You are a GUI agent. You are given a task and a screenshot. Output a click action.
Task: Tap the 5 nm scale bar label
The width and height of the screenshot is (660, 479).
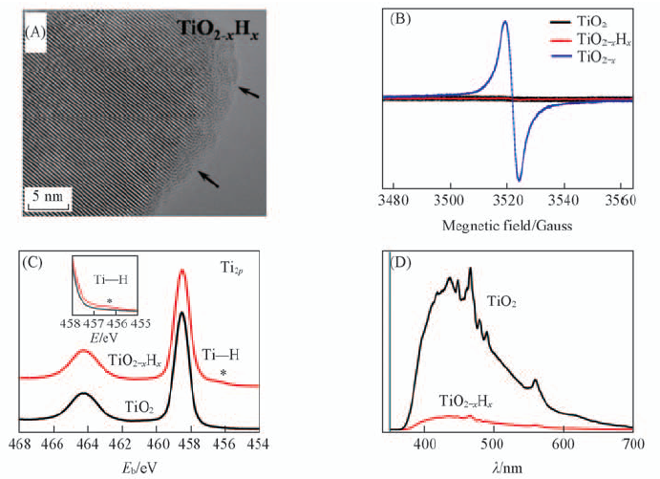coord(47,197)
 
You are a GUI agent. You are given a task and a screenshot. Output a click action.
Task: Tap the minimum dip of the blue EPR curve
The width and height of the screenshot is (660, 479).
coord(520,180)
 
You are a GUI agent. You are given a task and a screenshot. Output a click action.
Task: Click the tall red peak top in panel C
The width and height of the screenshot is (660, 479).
coord(182,272)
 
